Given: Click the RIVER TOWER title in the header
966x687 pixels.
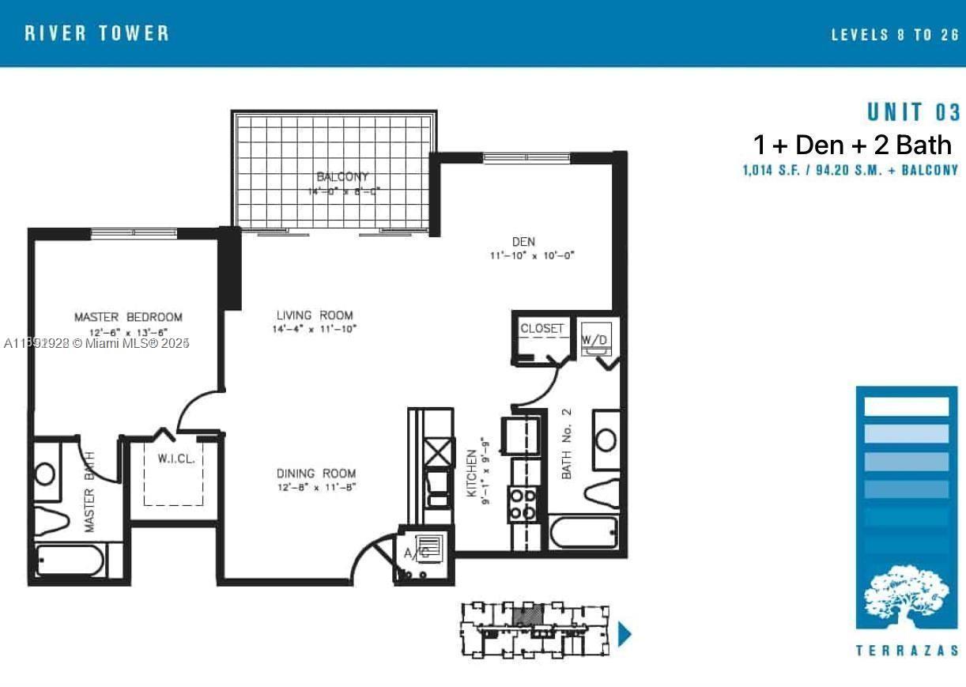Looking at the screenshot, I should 97,33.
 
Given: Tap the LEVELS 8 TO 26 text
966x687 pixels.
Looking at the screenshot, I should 894,35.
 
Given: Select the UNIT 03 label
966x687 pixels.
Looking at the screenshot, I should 913,111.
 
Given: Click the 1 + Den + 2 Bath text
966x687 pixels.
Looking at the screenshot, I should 852,145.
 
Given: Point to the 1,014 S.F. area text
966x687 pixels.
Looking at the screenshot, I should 850,170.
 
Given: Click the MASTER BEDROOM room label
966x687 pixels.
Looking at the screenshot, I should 128,317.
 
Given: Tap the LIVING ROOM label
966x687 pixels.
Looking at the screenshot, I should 314,315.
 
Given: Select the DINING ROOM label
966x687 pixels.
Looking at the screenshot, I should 316,474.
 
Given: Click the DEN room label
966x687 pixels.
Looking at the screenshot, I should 523,242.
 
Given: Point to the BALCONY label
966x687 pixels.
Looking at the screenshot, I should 342,177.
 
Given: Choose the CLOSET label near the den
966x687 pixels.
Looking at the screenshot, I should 542,328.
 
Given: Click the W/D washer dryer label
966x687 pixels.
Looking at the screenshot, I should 594,340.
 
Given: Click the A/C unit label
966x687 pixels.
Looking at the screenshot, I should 417,553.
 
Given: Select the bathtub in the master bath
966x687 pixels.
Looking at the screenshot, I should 70,562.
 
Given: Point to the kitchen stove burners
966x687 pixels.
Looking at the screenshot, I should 523,504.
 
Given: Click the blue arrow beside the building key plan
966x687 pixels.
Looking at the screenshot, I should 624,634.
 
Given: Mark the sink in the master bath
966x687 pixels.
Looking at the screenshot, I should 46,474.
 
